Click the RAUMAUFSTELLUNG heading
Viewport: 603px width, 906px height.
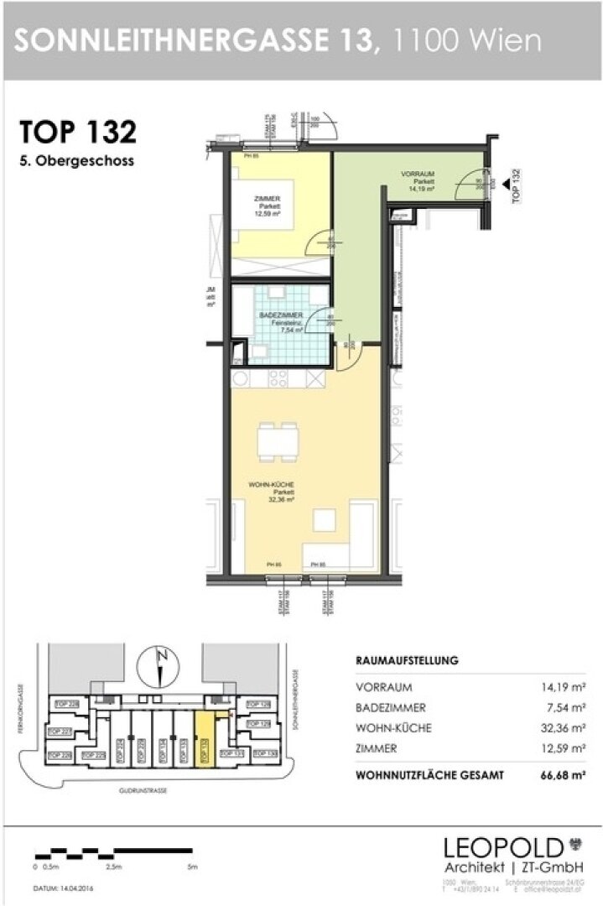click(407, 660)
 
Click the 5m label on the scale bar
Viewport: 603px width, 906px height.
click(195, 866)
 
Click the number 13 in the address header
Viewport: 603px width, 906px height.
click(359, 39)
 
